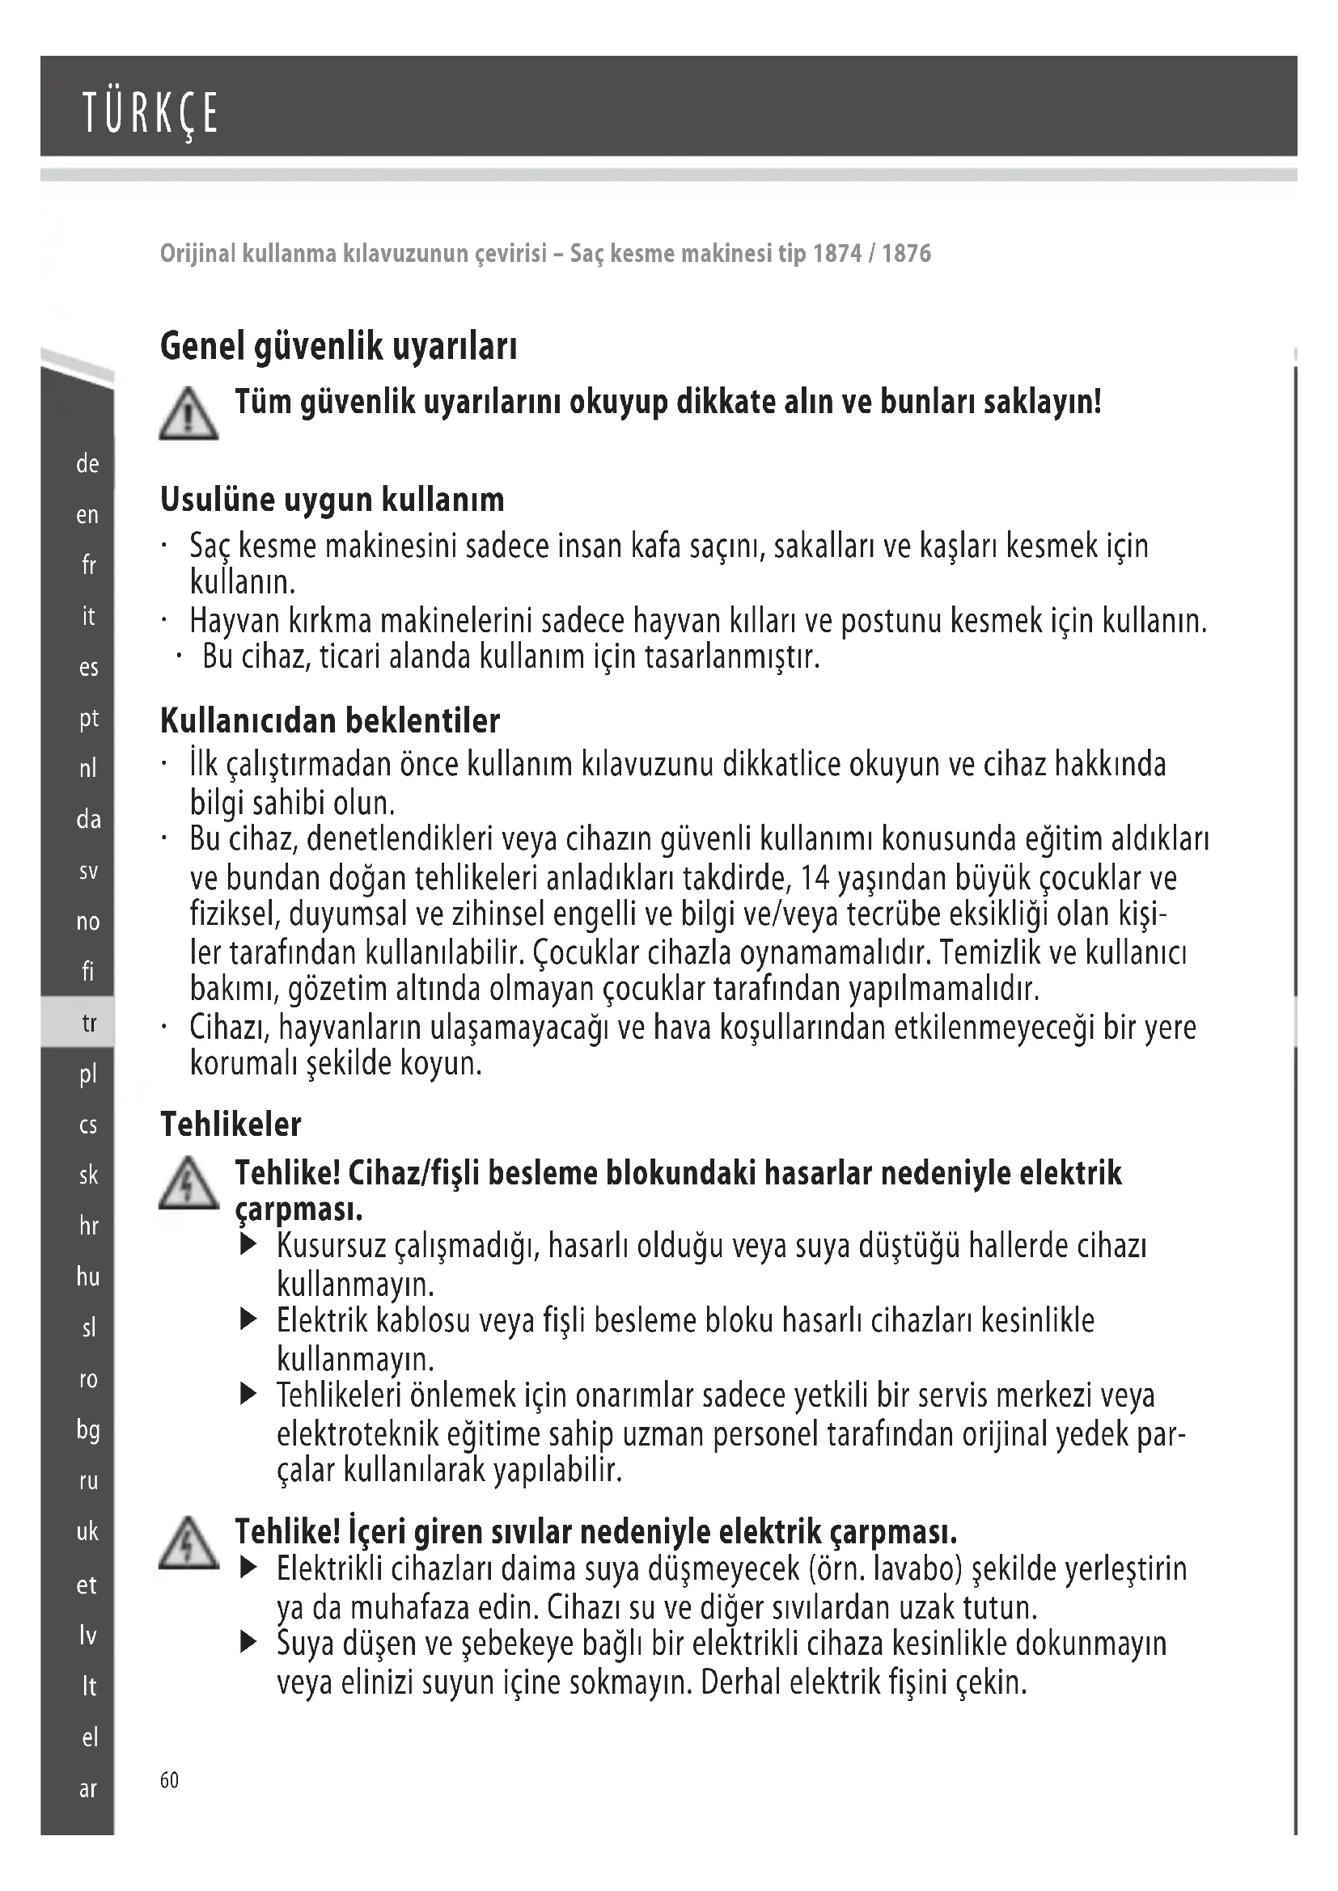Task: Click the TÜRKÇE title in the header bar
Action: pos(150,114)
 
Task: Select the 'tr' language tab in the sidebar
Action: pos(88,1023)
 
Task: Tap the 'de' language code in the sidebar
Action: pos(87,465)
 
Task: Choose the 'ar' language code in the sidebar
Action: pos(87,1789)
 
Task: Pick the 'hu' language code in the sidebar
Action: pos(87,1277)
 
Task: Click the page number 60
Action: pos(169,1780)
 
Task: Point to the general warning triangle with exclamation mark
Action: pos(188,414)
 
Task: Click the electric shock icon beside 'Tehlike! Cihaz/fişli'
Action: pos(188,1184)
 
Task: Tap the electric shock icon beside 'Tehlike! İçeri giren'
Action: pos(188,1543)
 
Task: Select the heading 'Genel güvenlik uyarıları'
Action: pos(339,346)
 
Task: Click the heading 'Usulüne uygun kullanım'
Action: pos(332,500)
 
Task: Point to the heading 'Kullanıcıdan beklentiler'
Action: pos(329,720)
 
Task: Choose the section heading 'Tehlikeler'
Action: pos(231,1125)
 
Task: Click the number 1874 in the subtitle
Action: pos(837,253)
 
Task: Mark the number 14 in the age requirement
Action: pos(815,878)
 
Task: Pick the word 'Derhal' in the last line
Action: pos(740,1682)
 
